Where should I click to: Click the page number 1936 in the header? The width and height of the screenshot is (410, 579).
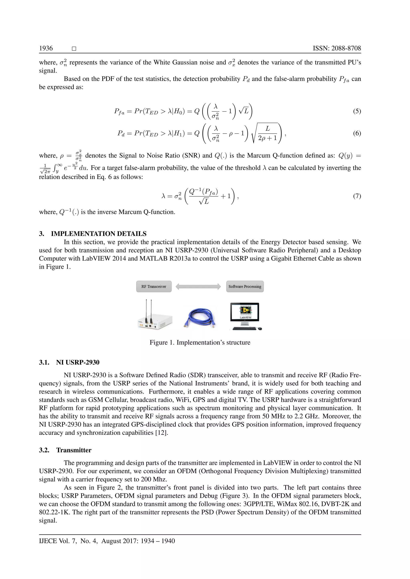click(x=46, y=48)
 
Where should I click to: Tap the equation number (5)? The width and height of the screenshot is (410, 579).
click(x=357, y=111)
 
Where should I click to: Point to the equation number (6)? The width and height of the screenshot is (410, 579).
click(x=357, y=133)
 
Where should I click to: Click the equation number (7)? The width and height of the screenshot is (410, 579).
click(x=357, y=196)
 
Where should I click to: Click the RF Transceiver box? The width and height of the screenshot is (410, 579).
click(x=154, y=287)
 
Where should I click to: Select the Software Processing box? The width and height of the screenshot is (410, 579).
click(x=245, y=287)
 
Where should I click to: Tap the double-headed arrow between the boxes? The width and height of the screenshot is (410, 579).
click(x=198, y=287)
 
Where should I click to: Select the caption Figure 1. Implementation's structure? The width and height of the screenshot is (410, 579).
click(x=200, y=342)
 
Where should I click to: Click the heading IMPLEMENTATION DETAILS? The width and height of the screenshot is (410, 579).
click(x=99, y=234)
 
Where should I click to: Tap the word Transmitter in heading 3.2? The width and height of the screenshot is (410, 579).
click(x=74, y=450)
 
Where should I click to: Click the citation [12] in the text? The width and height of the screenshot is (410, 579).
click(x=162, y=433)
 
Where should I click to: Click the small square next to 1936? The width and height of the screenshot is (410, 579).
click(x=74, y=49)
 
